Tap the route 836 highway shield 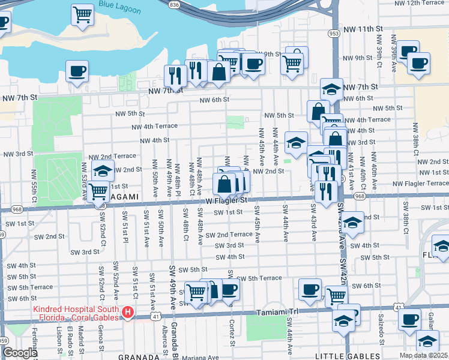pos(174,4)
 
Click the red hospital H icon pos(127,312)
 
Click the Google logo pos(20,353)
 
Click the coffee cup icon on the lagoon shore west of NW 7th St pos(77,71)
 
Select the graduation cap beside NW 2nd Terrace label pos(103,170)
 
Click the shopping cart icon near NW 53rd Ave pos(98,192)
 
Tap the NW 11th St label pos(363,29)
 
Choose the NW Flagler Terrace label pos(420,183)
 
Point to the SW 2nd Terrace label pos(229,235)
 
